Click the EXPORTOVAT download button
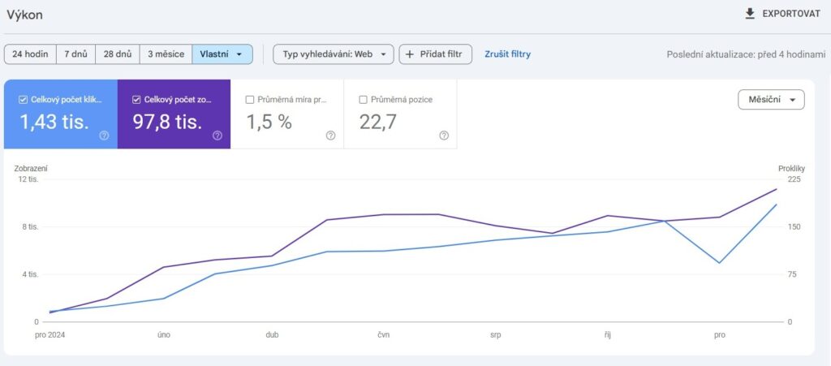(x=781, y=14)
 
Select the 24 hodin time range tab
(x=29, y=54)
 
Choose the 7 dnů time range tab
(x=75, y=54)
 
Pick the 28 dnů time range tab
(x=117, y=54)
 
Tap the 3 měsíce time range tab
(x=166, y=54)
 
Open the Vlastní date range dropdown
(x=222, y=54)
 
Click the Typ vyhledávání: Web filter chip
(x=334, y=54)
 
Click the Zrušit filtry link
(x=507, y=54)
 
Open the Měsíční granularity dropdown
(x=770, y=100)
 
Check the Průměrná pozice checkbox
(x=364, y=100)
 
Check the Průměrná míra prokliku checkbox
(x=250, y=100)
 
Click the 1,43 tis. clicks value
(x=54, y=123)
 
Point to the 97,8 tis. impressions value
(x=167, y=123)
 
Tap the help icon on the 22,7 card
(x=444, y=136)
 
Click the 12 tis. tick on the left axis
(x=28, y=179)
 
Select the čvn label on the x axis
(x=384, y=334)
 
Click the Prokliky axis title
(x=790, y=168)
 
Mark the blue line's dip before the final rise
(x=719, y=263)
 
